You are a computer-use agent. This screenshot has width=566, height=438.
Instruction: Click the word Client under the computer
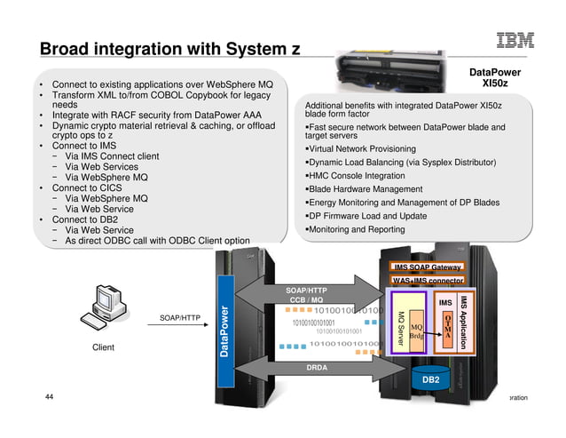click(x=103, y=347)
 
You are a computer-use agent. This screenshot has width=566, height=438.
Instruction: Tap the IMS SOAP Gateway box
click(x=428, y=267)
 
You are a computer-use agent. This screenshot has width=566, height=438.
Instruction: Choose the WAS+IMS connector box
click(x=428, y=282)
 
